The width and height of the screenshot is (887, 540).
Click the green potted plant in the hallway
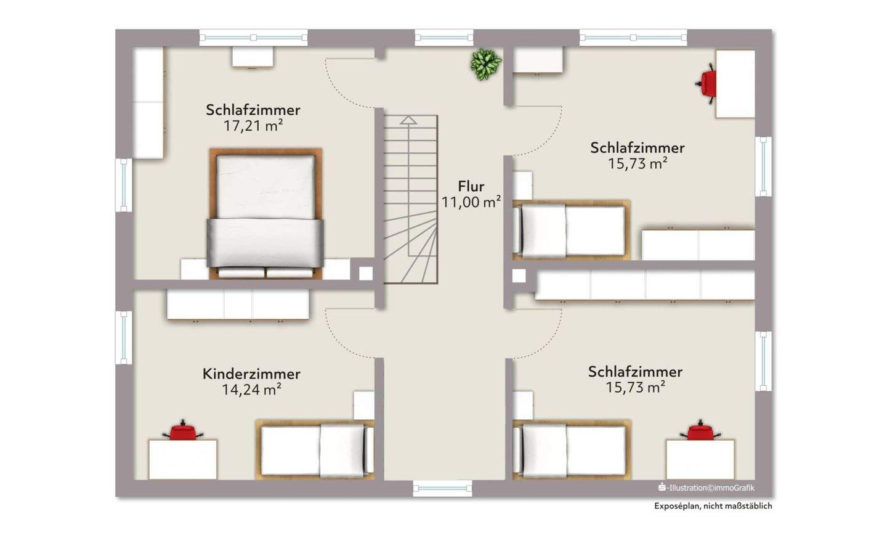click(x=486, y=63)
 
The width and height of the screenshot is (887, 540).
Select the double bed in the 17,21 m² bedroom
click(x=265, y=213)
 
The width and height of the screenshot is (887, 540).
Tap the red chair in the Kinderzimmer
click(x=182, y=430)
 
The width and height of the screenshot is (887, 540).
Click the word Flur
click(x=471, y=186)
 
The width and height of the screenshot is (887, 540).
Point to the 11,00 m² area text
click(x=471, y=202)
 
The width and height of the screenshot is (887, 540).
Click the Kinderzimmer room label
click(x=251, y=374)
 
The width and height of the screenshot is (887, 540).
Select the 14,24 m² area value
click(x=251, y=390)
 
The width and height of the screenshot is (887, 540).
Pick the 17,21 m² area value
click(x=253, y=126)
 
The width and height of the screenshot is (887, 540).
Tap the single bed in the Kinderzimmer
click(x=315, y=449)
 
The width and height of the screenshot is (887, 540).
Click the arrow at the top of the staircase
click(x=408, y=120)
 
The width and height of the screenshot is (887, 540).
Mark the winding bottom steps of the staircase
click(x=411, y=259)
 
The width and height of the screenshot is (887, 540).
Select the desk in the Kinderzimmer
click(x=182, y=459)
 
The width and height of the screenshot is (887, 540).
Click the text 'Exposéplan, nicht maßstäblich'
click(x=713, y=506)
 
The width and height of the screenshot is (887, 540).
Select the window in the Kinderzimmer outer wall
click(x=124, y=337)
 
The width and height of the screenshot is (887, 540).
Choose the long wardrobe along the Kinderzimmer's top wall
click(x=238, y=305)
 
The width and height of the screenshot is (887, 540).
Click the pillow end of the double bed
click(x=265, y=272)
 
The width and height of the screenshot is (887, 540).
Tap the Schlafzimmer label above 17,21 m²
click(x=253, y=110)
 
